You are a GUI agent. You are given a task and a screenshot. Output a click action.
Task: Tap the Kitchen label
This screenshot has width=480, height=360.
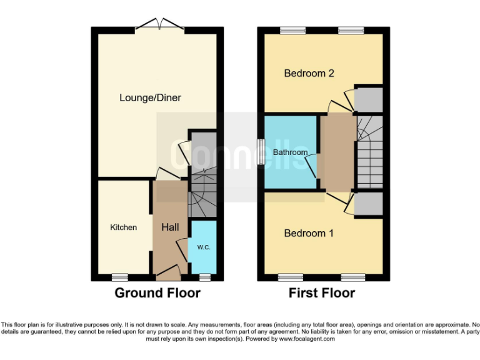tap(123, 227)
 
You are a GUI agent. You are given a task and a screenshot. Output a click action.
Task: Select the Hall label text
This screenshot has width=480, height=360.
tap(170, 227)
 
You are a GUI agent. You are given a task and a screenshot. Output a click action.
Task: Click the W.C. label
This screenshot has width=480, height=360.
tap(203, 247)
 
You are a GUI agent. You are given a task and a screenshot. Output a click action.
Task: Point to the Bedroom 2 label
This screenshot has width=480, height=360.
tap(309, 73)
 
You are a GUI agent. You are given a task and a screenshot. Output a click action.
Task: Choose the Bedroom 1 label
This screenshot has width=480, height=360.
tap(309, 233)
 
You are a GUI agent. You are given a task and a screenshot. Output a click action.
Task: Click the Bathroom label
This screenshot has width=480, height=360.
tap(290, 152)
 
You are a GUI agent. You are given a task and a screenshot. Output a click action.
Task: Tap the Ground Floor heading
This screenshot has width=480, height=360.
tap(157, 293)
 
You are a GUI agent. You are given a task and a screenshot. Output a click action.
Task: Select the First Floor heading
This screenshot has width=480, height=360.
tap(321, 293)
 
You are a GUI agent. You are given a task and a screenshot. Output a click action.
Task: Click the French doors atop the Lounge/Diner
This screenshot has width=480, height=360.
tap(157, 24)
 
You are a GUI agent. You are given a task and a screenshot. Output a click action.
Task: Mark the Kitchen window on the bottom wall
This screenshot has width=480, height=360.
tap(119, 276)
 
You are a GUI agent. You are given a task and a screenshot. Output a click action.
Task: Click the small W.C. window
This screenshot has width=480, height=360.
tap(204, 276)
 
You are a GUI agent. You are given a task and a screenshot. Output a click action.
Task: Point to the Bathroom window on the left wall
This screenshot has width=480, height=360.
tap(260, 151)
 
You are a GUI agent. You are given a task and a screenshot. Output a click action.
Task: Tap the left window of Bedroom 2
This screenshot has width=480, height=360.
tap(289, 30)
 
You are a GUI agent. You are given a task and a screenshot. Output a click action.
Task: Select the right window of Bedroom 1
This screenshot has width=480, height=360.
tap(353, 276)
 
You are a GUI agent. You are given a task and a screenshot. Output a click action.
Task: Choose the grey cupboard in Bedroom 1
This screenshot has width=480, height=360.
tap(368, 203)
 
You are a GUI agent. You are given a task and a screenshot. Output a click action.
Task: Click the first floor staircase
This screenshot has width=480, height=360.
tap(369, 151)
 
